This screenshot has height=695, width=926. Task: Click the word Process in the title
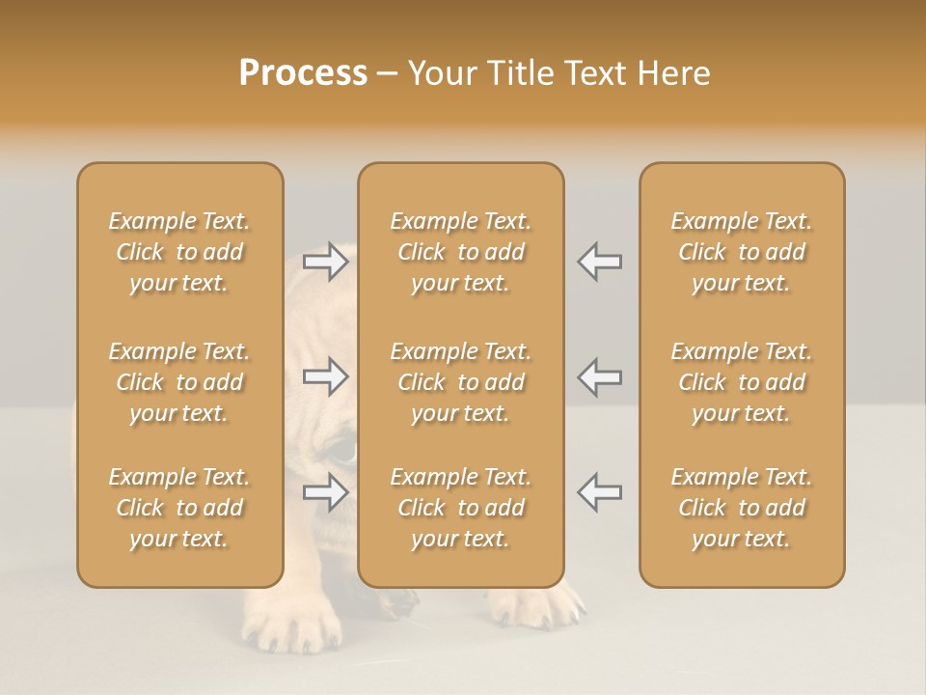pyautogui.click(x=303, y=73)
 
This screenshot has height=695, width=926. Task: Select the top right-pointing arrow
pyautogui.click(x=326, y=262)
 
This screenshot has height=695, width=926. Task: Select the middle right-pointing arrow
pyautogui.click(x=326, y=376)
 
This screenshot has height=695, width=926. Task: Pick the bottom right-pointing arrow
pyautogui.click(x=326, y=492)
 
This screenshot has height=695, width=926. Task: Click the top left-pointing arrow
pyautogui.click(x=600, y=262)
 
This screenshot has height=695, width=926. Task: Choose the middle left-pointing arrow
pyautogui.click(x=600, y=376)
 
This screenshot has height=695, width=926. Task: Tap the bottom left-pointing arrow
pyautogui.click(x=600, y=492)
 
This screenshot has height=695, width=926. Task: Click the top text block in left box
pyautogui.click(x=179, y=252)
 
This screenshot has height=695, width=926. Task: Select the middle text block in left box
pyautogui.click(x=179, y=382)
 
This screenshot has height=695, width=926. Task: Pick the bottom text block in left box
pyautogui.click(x=179, y=508)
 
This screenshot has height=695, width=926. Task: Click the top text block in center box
pyautogui.click(x=461, y=252)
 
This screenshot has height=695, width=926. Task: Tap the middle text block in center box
pyautogui.click(x=461, y=382)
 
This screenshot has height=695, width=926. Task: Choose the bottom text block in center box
pyautogui.click(x=461, y=508)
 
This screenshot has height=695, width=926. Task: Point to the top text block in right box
pyautogui.click(x=742, y=252)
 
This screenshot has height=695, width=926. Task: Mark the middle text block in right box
pyautogui.click(x=742, y=382)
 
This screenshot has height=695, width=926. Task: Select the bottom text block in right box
pyautogui.click(x=742, y=508)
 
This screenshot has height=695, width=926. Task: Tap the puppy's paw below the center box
pyautogui.click(x=535, y=608)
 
